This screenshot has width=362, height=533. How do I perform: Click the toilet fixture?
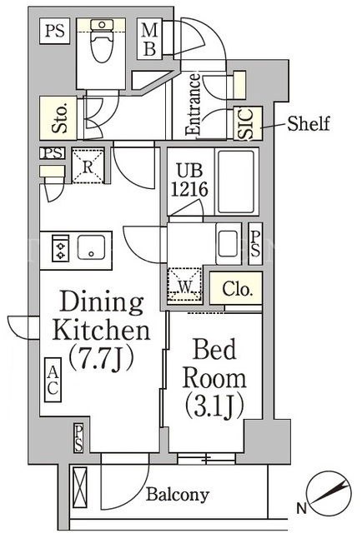coord(102,40)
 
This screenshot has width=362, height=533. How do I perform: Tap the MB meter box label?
coord(149,39)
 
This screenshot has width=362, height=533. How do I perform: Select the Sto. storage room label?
coord(59,118)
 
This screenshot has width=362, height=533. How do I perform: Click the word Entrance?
coord(193,105)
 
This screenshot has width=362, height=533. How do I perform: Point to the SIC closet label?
coord(247,124)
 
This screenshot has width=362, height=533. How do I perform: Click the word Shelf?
coord(309,123)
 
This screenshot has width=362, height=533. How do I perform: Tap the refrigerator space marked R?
coord(88,167)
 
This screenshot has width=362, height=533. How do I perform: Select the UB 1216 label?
coord(189,180)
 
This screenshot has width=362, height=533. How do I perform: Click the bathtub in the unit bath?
coord(236,182)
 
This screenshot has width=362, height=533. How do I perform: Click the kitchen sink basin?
coord(91,247)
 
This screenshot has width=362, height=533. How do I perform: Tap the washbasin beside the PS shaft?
coord(229,243)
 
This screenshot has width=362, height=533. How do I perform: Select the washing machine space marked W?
coord(185,285)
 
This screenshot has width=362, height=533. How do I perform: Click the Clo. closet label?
coord(238,289)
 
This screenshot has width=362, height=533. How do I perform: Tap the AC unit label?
coord(53,380)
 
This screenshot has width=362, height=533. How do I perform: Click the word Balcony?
coord(178,495)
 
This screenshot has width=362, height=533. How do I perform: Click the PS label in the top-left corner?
coord(55,31)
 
